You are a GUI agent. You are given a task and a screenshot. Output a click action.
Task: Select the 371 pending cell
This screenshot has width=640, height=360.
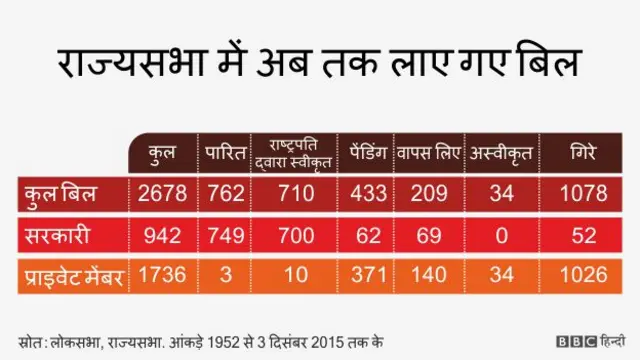pos(364,276)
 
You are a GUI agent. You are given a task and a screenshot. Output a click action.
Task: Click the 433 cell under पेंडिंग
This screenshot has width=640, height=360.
pos(364,193)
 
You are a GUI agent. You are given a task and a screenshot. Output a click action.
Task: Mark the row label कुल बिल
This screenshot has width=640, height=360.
pos(58,193)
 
